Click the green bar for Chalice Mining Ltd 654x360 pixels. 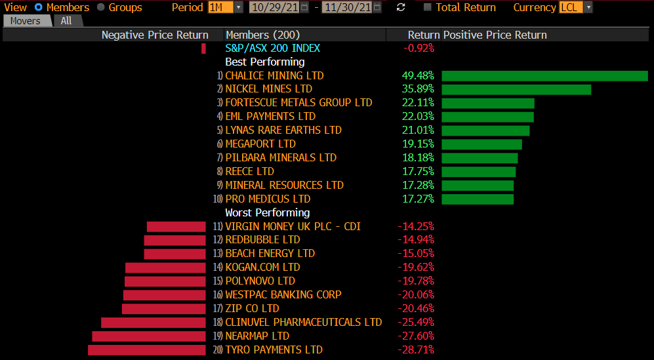click(544, 75)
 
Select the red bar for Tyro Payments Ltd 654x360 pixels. click(147, 350)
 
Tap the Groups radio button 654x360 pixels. click(101, 8)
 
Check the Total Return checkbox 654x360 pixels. click(428, 8)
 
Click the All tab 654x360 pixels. click(66, 21)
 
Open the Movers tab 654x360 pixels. click(26, 21)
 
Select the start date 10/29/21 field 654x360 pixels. click(274, 8)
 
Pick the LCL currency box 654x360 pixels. click(567, 8)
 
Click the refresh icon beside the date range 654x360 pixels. click(401, 8)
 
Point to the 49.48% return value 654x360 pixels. click(418, 75)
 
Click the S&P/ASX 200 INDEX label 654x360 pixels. click(273, 48)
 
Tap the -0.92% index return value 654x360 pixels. click(419, 48)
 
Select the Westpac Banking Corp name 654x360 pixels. click(283, 295)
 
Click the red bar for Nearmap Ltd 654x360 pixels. click(149, 336)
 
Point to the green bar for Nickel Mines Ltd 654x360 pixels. click(516, 89)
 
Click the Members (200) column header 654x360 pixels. click(256, 35)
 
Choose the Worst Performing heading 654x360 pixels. click(267, 212)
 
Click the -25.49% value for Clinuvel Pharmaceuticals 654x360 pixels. click(416, 323)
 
